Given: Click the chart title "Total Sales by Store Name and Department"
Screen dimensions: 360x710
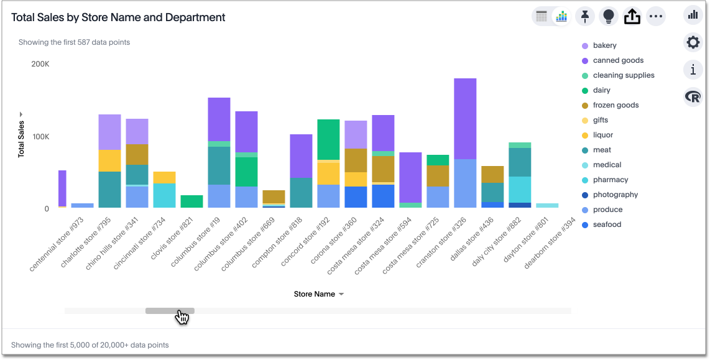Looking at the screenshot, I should tap(118, 17).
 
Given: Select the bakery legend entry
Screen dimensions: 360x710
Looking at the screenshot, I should tap(604, 45).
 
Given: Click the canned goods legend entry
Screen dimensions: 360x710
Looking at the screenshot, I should tap(618, 60).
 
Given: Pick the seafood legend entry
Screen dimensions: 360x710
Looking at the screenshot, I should tap(607, 224).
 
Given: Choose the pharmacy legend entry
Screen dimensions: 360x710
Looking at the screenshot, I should tap(610, 180).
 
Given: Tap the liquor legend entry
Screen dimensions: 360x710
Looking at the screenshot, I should tap(602, 135).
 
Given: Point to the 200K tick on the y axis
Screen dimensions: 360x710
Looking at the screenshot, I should tap(40, 64).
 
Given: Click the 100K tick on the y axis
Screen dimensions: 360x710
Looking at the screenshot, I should tap(40, 137).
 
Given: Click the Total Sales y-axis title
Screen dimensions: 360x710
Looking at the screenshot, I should tap(22, 139).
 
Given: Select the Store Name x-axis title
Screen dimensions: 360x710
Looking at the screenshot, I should tap(315, 294).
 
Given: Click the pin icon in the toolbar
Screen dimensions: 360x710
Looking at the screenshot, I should tap(584, 17).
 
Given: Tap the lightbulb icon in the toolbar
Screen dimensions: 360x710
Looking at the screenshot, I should tap(609, 17).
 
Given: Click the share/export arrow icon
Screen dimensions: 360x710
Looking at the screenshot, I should tap(632, 17).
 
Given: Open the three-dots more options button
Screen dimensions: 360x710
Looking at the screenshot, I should tap(656, 17).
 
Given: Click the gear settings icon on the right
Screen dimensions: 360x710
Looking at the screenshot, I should tap(693, 42).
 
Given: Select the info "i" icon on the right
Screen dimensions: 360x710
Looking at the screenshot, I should tap(693, 70).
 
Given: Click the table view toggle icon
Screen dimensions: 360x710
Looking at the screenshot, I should tap(542, 17).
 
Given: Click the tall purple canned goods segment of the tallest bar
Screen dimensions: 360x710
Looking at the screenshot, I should tap(465, 118).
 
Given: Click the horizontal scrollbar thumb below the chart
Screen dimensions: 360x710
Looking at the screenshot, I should tap(170, 311).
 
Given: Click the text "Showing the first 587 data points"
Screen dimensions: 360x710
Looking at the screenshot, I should tap(74, 42).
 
